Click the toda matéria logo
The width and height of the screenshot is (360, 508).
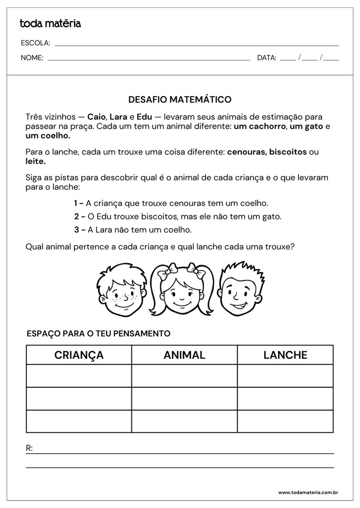[50, 23]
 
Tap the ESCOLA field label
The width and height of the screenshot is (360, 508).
[35, 43]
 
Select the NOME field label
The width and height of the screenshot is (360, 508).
[32, 58]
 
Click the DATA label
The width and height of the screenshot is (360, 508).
[266, 58]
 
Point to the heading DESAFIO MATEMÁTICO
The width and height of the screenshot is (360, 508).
[180, 99]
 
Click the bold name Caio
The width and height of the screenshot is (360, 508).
[96, 117]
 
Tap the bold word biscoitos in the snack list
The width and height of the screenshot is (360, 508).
[287, 152]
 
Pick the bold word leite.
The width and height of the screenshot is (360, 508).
[35, 161]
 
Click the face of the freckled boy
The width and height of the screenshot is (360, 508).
[122, 291]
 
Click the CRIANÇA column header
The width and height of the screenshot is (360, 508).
[79, 355]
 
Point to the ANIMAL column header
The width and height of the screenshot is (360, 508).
[184, 355]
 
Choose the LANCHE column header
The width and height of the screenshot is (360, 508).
[285, 355]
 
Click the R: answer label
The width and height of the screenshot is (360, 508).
[29, 448]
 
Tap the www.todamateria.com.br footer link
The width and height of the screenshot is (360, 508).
[307, 492]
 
